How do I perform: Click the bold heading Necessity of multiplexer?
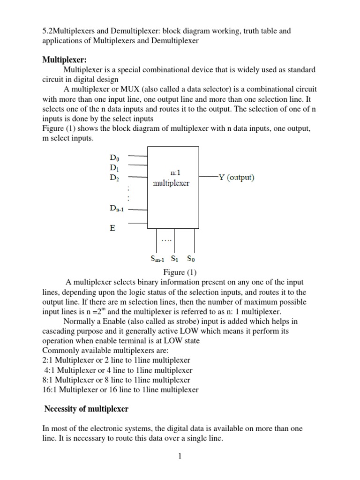(x=86, y=409)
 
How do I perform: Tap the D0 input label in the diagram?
(x=114, y=157)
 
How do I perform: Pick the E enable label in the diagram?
(x=112, y=228)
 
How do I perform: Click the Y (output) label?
(x=235, y=177)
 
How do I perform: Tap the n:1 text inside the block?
(x=171, y=172)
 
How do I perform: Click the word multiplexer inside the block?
(x=171, y=183)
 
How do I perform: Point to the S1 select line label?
(x=174, y=258)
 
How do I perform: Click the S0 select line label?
(x=191, y=258)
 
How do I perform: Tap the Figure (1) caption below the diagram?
(x=180, y=272)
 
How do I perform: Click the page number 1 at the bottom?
(x=179, y=457)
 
